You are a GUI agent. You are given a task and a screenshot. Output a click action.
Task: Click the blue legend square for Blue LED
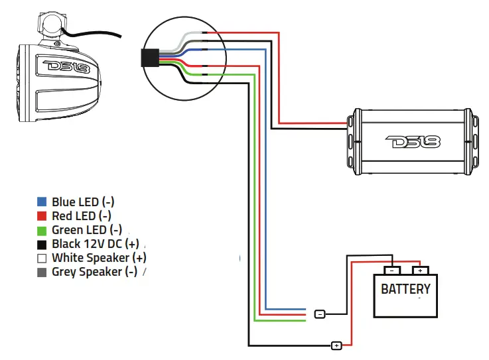(x=42, y=202)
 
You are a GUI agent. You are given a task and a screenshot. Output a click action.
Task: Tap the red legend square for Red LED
(x=42, y=216)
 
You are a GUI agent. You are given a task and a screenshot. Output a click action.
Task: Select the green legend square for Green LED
(x=42, y=231)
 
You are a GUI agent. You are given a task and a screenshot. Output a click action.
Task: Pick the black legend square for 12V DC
(x=42, y=245)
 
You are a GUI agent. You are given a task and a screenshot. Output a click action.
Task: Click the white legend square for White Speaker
(x=42, y=259)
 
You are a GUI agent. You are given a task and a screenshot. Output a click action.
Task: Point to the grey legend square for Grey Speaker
(x=42, y=272)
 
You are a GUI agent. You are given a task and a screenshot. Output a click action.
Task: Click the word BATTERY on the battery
(x=406, y=289)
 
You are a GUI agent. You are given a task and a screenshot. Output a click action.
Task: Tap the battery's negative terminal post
(x=392, y=270)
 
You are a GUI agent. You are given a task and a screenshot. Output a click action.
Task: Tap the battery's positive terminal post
(x=421, y=270)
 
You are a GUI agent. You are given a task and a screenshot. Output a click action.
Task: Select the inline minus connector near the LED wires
(x=320, y=314)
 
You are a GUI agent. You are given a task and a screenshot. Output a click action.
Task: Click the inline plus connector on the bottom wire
(x=336, y=345)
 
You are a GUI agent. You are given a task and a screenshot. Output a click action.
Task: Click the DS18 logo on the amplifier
(x=413, y=142)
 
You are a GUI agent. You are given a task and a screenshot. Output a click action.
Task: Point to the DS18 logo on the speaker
(x=66, y=67)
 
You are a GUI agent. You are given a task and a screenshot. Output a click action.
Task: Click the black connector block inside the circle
(x=150, y=58)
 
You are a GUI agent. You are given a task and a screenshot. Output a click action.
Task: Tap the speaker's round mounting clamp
(x=52, y=24)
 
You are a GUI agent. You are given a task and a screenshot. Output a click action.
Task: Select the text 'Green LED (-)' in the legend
(x=87, y=230)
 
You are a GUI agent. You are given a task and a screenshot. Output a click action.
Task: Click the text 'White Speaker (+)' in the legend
(x=99, y=258)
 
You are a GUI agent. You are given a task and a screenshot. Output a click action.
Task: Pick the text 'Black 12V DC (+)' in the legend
(x=96, y=244)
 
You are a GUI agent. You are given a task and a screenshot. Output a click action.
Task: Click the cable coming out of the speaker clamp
(x=92, y=33)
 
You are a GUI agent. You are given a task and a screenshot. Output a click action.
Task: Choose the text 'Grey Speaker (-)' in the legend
(x=94, y=272)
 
